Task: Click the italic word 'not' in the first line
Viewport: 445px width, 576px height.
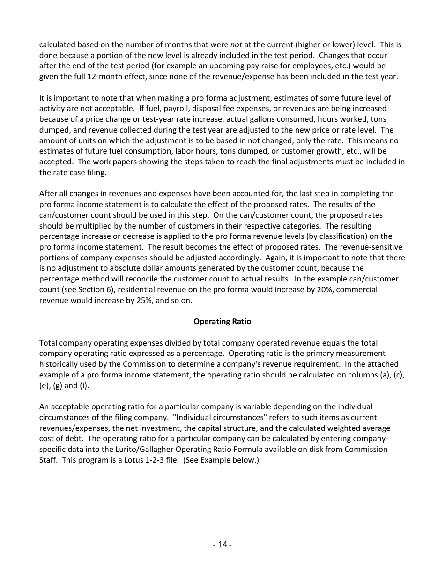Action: [236, 45]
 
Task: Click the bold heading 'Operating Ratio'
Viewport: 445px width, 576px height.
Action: [222, 321]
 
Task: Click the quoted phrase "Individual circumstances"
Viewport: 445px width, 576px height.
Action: [220, 417]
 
